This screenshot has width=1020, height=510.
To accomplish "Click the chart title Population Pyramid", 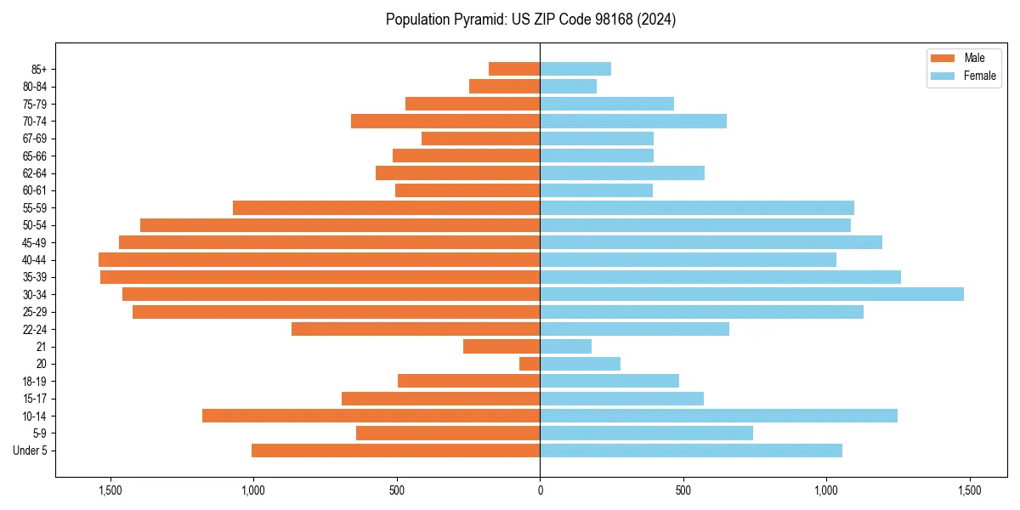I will pos(530,20).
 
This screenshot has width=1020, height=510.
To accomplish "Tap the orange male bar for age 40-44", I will pos(319,260).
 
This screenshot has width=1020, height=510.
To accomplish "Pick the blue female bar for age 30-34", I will pos(751,294).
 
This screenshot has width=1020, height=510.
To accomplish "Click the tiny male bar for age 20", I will pos(530,364).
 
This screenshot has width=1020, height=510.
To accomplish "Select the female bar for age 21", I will pos(565,347).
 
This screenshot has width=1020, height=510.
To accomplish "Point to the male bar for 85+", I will pos(514,69).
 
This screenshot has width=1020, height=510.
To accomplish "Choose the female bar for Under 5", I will pos(690,450).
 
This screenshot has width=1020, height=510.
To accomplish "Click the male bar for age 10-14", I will pos(371,416).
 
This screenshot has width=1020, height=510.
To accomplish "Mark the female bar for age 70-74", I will pos(632,121).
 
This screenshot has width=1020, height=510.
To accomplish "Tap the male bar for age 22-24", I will pos(416,329).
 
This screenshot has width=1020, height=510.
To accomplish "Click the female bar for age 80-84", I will pos(568,86).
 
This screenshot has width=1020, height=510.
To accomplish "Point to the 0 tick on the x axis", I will pos(540,490).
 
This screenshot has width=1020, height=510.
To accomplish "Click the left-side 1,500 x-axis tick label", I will pos(110,490).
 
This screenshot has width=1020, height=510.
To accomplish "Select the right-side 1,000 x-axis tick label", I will pos(826,490).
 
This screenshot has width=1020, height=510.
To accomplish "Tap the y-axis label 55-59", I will pos(35,208).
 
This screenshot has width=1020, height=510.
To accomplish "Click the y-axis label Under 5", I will pos(31,450).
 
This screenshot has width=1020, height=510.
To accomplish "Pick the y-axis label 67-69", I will pos(35,139).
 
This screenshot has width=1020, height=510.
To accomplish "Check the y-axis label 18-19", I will pos(35,382).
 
